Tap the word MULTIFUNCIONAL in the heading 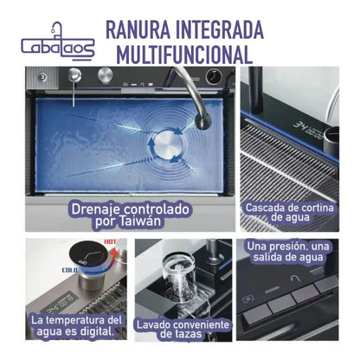pos(184,55)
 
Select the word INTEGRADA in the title pos(220,29)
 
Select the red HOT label pos(110,241)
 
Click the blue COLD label pos(70,270)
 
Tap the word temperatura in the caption pos(77,320)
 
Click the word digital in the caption pos(97,331)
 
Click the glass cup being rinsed pos(179,277)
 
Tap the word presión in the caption pos(280,247)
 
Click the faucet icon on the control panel pos(295,279)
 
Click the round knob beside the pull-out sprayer pos(105,75)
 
